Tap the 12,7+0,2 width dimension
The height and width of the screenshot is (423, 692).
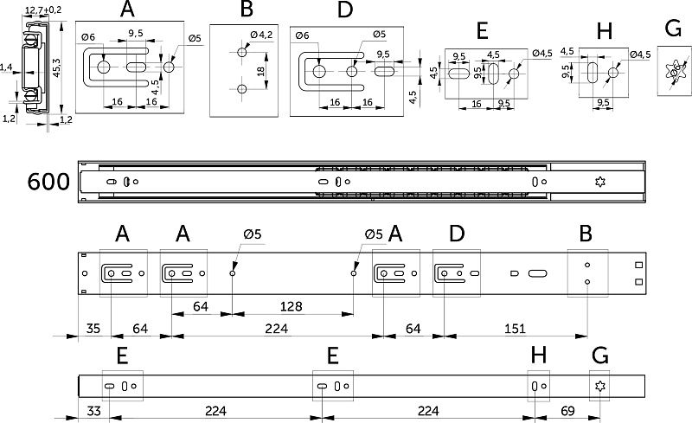(x=42, y=10)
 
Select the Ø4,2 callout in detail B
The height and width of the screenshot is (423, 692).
(x=261, y=35)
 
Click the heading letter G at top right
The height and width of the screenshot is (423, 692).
(x=674, y=29)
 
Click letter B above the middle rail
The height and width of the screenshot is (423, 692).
(x=586, y=234)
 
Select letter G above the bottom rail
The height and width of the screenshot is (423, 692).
(x=599, y=356)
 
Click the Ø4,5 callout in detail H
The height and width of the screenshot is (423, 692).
(x=640, y=54)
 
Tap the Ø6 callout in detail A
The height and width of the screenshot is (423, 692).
(x=87, y=37)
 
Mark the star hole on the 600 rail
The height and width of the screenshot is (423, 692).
(x=599, y=182)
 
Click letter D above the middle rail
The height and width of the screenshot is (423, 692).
(x=457, y=234)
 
